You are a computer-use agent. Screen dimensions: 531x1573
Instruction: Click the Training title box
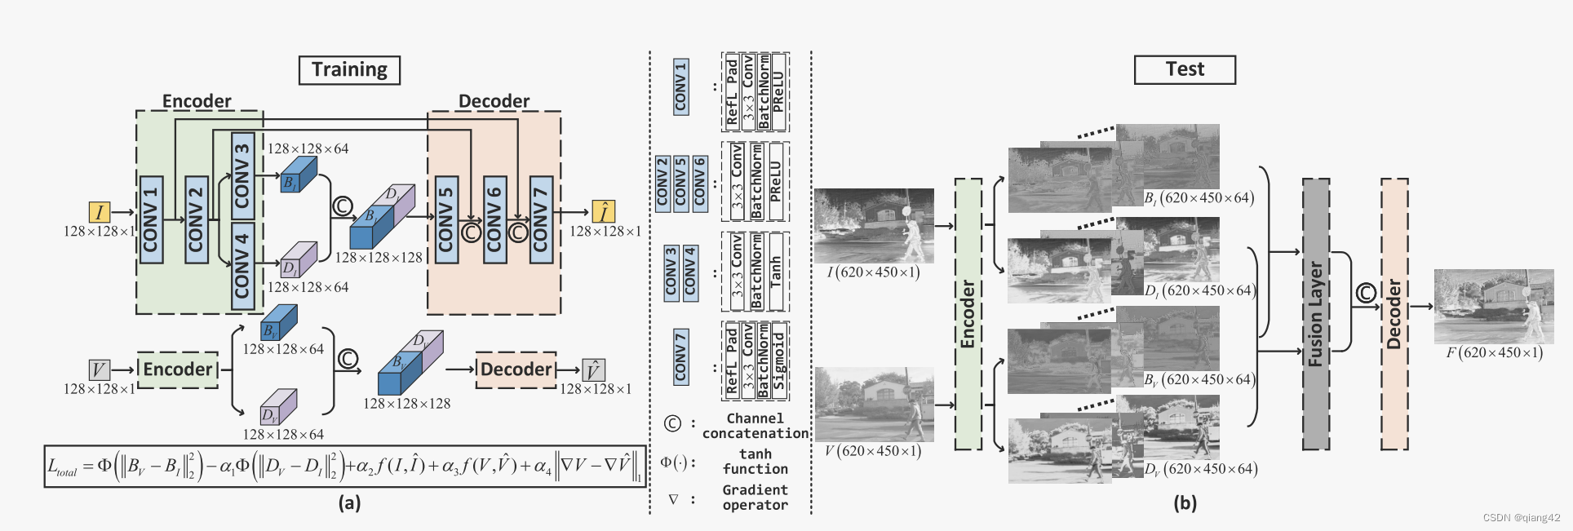(349, 69)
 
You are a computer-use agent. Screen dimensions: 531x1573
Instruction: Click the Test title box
(1184, 69)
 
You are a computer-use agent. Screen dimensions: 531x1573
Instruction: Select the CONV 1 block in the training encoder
(151, 219)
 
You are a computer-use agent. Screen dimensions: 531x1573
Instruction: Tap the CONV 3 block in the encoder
(242, 175)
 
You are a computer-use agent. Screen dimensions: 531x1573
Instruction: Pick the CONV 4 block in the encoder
(242, 265)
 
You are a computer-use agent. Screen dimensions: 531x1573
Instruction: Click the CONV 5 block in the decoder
(445, 219)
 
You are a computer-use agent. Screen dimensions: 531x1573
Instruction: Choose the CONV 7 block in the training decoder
(541, 219)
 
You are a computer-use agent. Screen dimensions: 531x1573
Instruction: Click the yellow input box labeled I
(100, 213)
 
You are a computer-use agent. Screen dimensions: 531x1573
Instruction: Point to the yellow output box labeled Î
(603, 212)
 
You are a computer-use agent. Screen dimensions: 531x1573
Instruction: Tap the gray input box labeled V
(99, 370)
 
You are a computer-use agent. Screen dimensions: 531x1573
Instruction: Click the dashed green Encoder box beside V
(177, 369)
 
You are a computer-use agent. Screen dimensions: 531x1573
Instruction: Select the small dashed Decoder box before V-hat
(516, 369)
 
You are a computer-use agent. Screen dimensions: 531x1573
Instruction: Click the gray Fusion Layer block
(1315, 314)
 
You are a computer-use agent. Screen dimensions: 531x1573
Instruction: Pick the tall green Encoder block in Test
(968, 314)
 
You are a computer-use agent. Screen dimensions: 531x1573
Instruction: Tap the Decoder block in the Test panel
(1394, 314)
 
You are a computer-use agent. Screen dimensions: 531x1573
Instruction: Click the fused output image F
(1493, 306)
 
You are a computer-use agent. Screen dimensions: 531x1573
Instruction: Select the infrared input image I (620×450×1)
(874, 225)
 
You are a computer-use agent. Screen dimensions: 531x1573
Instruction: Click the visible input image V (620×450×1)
(874, 404)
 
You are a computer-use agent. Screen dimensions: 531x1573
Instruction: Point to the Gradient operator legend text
(755, 498)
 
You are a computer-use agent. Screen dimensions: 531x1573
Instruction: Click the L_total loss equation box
(344, 466)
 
